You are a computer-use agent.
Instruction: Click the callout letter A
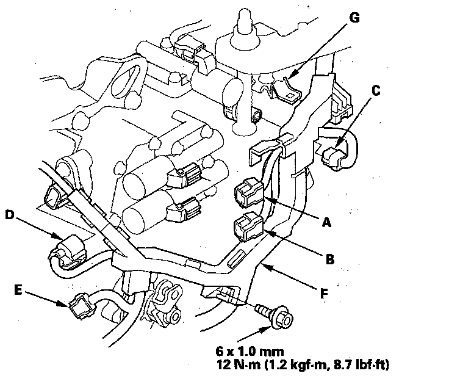pos(326,223)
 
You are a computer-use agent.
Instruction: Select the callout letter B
pos(330,259)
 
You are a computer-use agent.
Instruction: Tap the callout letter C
pos(376,91)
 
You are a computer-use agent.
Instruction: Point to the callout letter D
pos(10,215)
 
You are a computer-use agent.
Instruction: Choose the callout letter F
pos(324,294)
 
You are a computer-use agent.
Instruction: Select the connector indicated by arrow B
pos(249,228)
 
